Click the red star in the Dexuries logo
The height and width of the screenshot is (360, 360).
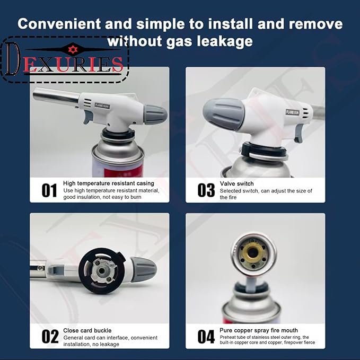[73, 50]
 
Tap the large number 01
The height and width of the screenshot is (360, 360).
[49, 190]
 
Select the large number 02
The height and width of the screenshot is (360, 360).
[50, 337]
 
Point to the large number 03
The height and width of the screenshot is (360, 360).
[206, 190]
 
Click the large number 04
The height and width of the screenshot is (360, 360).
[206, 337]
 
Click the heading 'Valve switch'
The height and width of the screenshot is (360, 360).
[236, 183]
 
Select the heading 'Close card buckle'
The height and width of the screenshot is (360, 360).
[87, 330]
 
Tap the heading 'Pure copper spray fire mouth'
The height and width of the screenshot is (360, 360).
[259, 330]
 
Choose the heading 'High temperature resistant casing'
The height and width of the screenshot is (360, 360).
[108, 183]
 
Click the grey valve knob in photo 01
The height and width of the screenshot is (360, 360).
[155, 115]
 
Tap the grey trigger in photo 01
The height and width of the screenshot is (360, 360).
[88, 117]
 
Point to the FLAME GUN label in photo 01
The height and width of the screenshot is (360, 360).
[102, 106]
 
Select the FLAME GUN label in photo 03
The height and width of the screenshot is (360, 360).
[293, 112]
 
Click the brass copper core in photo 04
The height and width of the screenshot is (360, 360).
[252, 253]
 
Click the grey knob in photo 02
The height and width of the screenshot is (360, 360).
[144, 269]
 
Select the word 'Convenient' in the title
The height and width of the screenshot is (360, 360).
[59, 24]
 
